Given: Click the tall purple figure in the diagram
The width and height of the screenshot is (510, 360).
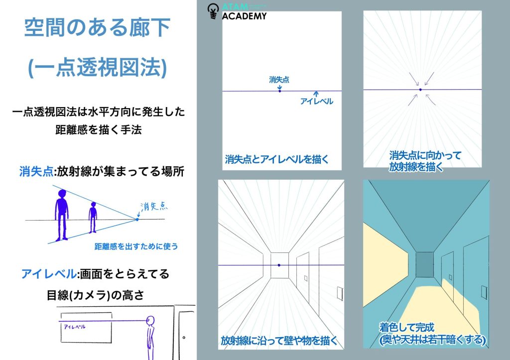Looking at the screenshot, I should coord(61,214).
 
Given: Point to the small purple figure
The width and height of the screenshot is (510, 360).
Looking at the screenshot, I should coord(93,217).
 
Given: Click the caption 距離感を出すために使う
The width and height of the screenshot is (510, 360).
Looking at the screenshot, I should coord(135,246).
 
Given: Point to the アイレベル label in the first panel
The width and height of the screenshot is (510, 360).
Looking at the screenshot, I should coord(316,101).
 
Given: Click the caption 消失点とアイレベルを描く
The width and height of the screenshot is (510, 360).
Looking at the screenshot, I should coord(277,160).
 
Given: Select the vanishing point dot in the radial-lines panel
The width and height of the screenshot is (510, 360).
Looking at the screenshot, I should coord(420,90).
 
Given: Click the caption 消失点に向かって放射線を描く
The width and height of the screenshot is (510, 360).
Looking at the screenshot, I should coord(424,161).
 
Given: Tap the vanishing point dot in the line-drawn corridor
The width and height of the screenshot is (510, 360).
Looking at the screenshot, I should coord(279,265).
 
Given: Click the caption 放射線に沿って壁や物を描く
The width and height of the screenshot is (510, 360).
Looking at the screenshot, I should coord(279,341).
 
